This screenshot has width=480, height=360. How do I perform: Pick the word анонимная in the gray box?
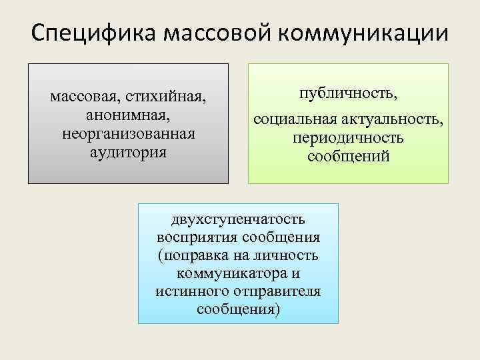pos(128,115)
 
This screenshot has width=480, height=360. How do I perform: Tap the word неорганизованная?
pos(128,133)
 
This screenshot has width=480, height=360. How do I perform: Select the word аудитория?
pos(128,151)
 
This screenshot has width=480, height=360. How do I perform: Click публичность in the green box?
pos(349,93)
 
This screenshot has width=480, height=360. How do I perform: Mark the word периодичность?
pos(349,138)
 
